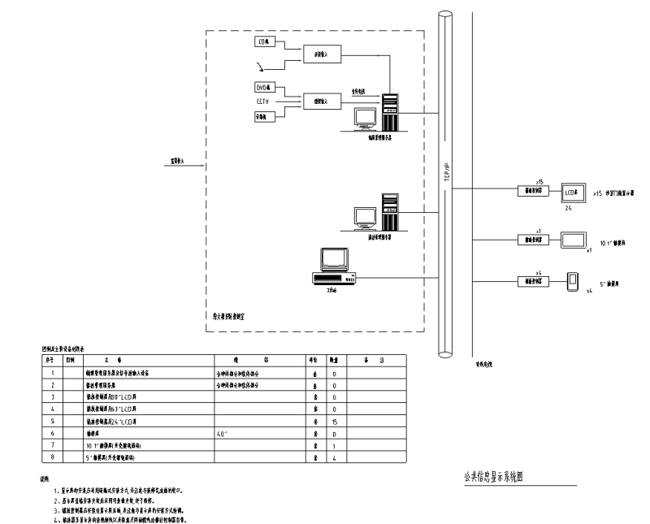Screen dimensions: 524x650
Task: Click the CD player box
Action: (263, 41)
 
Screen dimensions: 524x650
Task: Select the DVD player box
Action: (263, 87)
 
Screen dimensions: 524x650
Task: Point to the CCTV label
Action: (262, 102)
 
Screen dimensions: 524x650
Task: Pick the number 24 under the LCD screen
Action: (570, 208)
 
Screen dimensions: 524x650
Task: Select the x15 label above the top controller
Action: (539, 182)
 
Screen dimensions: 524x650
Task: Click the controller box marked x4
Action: (534, 281)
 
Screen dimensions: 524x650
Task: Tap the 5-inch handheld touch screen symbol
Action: (574, 280)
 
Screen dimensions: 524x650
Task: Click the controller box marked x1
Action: (534, 240)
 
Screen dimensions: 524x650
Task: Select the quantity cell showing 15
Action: (335, 422)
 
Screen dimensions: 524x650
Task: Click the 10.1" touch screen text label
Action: (614, 242)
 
